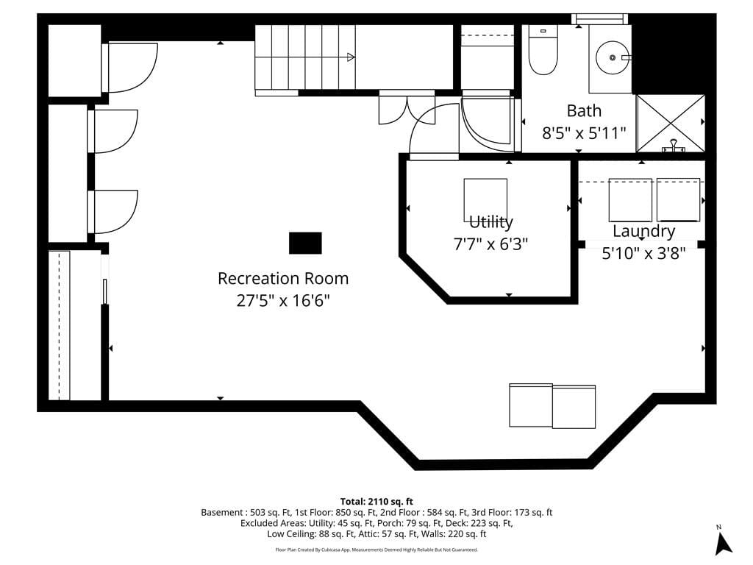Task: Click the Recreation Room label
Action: click(x=283, y=279)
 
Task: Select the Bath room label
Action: click(x=584, y=111)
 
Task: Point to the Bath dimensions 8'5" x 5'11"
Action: click(x=584, y=132)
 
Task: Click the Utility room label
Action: click(x=490, y=222)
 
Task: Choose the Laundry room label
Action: click(x=643, y=231)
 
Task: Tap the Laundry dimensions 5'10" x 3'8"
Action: click(x=643, y=252)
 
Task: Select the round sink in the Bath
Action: click(x=610, y=54)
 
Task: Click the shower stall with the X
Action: click(x=670, y=123)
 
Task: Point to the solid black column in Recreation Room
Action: click(x=305, y=243)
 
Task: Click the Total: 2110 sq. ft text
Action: click(x=376, y=501)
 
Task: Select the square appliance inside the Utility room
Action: click(x=485, y=199)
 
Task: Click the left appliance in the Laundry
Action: click(x=630, y=199)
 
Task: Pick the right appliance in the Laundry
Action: click(x=678, y=199)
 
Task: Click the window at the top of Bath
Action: click(x=600, y=18)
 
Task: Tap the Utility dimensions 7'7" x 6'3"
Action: click(x=490, y=243)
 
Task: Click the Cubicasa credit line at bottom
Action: click(x=376, y=550)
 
